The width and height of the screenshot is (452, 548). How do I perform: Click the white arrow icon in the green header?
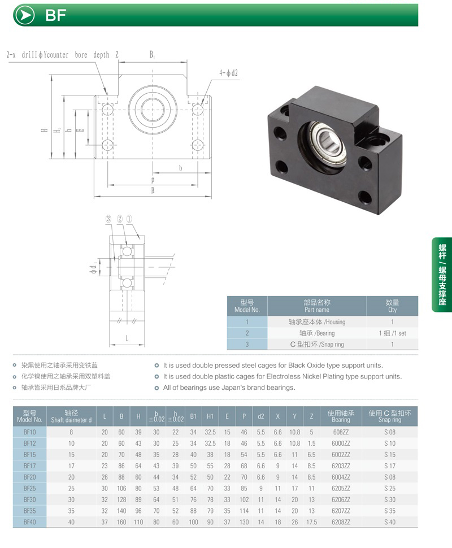point(25,15)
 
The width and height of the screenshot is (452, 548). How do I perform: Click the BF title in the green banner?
point(56,15)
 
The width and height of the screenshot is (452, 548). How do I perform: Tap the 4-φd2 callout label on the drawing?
point(229,73)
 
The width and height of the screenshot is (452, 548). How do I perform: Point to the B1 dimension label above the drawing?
point(152,55)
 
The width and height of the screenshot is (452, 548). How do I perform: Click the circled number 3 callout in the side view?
point(108,219)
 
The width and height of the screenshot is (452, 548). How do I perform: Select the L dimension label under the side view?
point(127,338)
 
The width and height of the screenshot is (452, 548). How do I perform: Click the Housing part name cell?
point(317,322)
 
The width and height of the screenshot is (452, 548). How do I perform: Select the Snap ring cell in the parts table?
point(317,344)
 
